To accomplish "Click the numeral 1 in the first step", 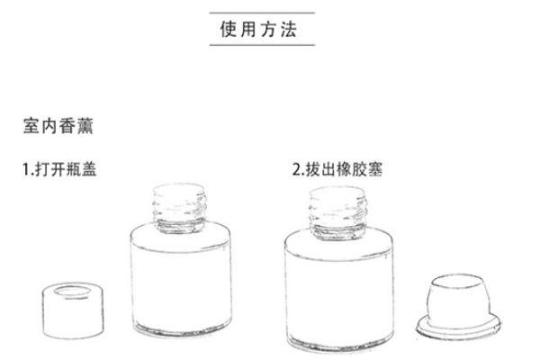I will coord(27,168).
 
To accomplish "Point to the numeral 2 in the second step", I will coord(297,168).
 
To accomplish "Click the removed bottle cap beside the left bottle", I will coord(74,310).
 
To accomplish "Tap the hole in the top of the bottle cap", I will coord(74,292).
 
